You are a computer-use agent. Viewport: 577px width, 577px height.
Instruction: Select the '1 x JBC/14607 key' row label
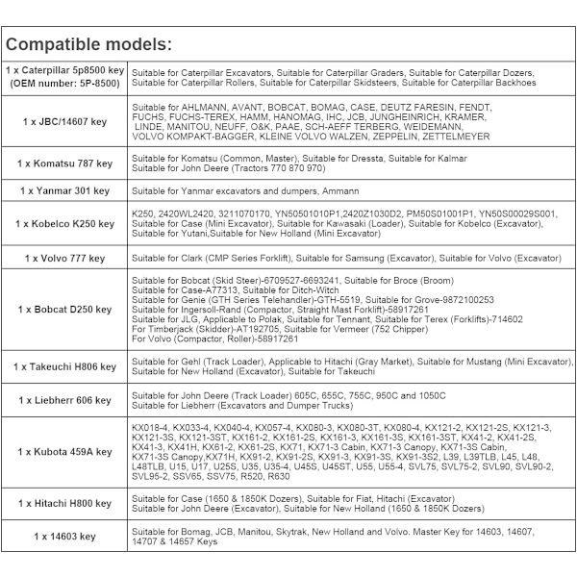click(x=65, y=122)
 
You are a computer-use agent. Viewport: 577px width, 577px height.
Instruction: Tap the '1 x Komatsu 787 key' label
click(x=65, y=163)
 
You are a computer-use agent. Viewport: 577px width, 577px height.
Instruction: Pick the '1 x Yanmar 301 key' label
click(x=65, y=191)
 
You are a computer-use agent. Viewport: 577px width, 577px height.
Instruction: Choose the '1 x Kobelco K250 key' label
click(x=65, y=224)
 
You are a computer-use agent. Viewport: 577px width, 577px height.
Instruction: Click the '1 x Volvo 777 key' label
click(x=65, y=258)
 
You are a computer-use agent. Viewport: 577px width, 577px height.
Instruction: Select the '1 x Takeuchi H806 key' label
click(x=65, y=366)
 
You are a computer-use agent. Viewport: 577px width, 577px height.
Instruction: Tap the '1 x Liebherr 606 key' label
click(x=65, y=400)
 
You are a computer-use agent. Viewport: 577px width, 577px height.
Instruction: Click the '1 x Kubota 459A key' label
click(x=65, y=452)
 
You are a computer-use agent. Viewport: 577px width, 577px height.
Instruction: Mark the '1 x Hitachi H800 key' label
click(x=65, y=503)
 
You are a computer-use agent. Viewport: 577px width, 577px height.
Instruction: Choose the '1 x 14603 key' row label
click(x=65, y=536)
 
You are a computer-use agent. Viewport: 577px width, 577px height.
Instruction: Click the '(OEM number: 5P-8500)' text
click(x=65, y=84)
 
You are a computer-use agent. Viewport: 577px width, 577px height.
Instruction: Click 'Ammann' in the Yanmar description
click(x=340, y=191)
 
